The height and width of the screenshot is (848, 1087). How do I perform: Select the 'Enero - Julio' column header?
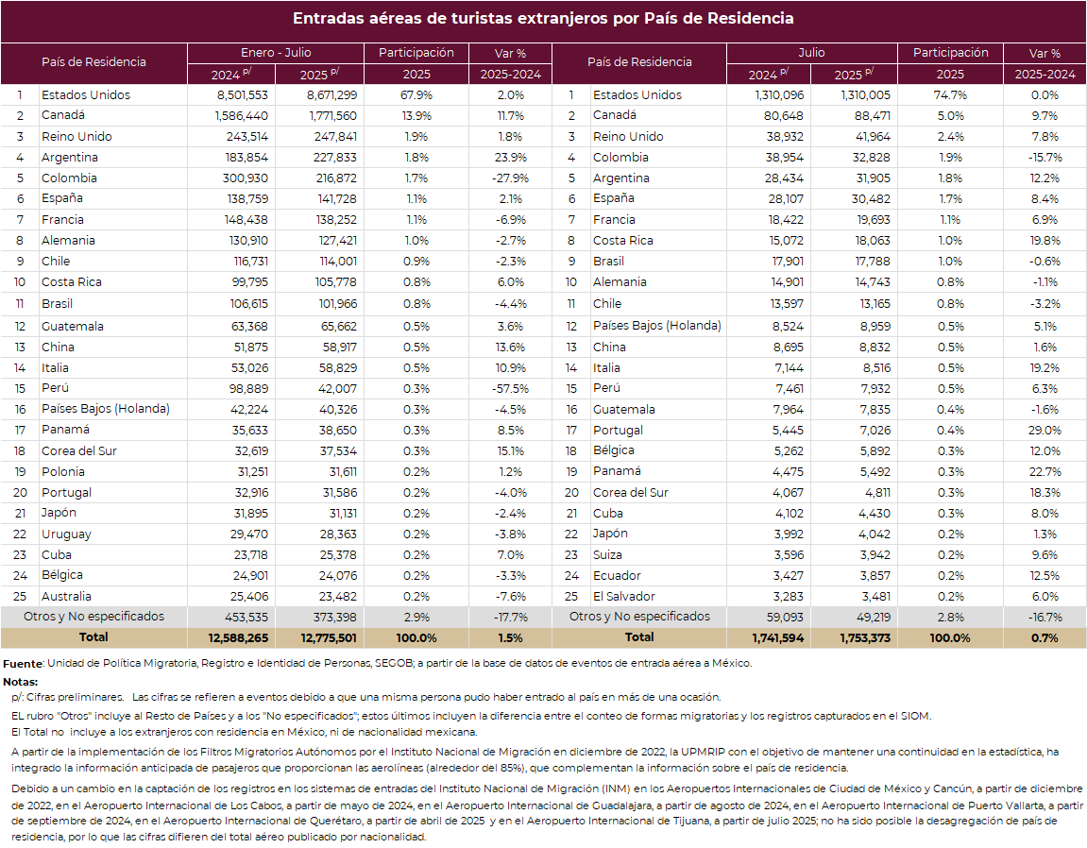tap(276, 53)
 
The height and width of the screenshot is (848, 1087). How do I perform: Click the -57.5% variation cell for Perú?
tap(510, 388)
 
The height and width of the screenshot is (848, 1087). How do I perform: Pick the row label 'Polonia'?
tap(63, 471)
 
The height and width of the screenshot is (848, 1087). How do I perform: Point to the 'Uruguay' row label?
tap(66, 534)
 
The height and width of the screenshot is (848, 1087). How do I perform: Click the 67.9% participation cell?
tap(416, 95)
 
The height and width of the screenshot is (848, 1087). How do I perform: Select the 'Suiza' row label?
tap(607, 554)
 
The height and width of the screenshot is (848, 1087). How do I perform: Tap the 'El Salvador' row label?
tap(624, 596)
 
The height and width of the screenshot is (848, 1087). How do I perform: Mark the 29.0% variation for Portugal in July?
tap(1045, 430)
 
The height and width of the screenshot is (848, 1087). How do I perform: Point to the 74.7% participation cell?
tap(950, 95)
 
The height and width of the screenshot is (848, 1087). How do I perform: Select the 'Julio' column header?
tap(812, 53)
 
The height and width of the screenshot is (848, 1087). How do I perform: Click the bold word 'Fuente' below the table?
tap(23, 664)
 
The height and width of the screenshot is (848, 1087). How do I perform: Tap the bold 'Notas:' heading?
tap(21, 682)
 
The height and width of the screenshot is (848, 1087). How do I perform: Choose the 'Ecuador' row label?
tap(617, 575)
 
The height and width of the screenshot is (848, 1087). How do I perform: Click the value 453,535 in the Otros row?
tap(246, 617)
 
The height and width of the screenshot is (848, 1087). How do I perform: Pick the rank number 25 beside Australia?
tap(20, 596)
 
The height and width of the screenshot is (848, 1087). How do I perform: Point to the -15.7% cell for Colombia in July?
tap(1045, 158)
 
